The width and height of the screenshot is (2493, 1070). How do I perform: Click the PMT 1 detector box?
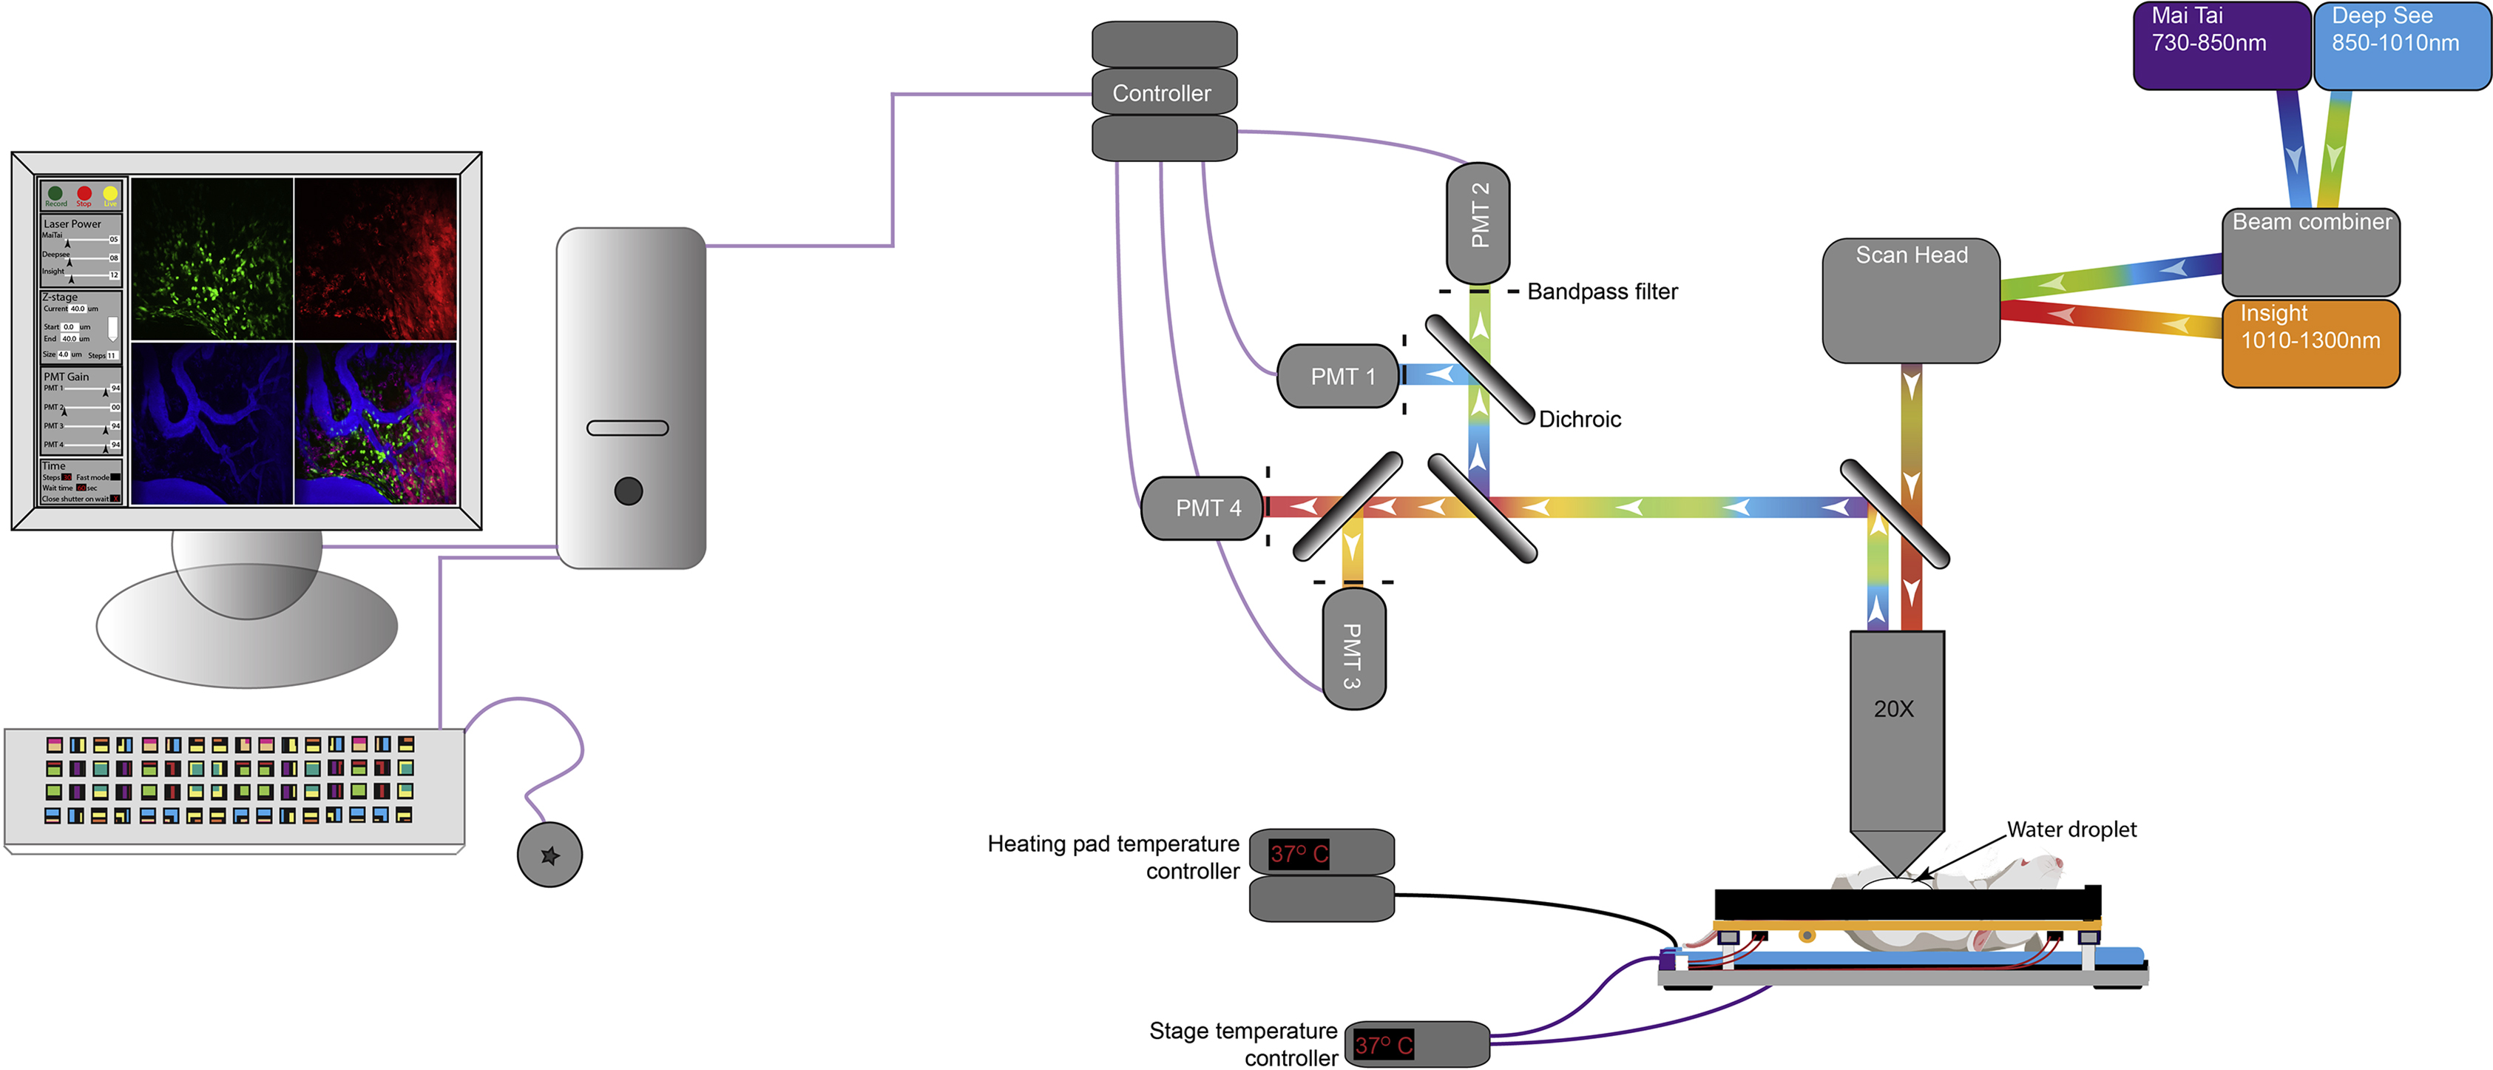1340,377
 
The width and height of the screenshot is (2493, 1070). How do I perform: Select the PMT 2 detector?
1478,222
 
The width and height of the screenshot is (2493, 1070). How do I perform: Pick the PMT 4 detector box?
1204,508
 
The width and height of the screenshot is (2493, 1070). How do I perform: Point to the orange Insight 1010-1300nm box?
2310,344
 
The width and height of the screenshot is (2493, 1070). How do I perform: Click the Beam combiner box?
2310,252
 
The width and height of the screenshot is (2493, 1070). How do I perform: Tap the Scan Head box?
1910,300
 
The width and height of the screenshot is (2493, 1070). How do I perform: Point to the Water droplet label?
2071,830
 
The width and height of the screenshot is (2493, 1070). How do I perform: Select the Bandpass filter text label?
1602,292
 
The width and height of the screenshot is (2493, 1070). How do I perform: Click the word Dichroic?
1580,420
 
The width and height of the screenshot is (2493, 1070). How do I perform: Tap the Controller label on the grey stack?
1161,93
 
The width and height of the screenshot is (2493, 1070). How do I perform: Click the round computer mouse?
549,855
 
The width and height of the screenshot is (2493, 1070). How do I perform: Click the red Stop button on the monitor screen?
84,194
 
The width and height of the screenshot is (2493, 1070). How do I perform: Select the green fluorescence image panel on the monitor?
212,258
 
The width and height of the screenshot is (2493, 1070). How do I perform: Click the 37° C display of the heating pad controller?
1299,853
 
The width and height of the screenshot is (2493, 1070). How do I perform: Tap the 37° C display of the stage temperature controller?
1383,1045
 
